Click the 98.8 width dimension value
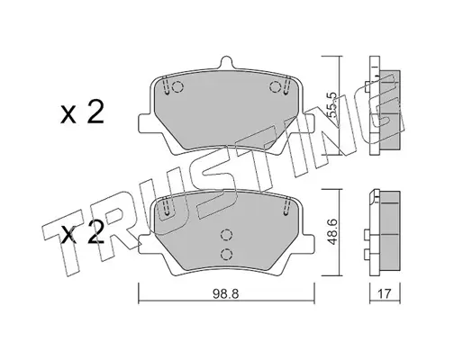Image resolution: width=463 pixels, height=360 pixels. coord(225,294)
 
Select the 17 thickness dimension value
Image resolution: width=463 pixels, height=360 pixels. coord(385,294)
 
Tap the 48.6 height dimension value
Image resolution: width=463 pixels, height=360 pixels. coord(331,232)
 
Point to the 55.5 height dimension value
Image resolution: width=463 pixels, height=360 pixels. coord(331,105)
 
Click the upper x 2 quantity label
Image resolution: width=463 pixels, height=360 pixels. coord(82,112)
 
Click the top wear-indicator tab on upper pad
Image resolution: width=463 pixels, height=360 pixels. coord(226,63)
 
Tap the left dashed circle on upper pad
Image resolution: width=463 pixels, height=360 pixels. coord(178,87)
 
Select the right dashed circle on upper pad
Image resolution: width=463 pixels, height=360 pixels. coord(275,87)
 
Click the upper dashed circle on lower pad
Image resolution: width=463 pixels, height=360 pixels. coord(226,235)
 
